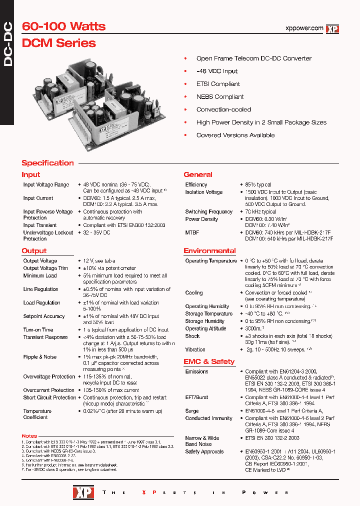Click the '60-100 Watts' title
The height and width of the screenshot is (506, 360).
[63, 26]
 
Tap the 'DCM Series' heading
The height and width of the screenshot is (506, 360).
[58, 43]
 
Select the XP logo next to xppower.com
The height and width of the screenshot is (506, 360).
[332, 29]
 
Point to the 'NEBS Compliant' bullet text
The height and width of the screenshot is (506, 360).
[220, 97]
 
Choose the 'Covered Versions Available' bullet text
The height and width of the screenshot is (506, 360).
[235, 135]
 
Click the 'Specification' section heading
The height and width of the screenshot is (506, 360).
[47, 163]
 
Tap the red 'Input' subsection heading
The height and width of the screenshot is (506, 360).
[30, 174]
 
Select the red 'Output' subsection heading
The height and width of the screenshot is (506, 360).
[34, 250]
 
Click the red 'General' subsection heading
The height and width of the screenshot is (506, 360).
[198, 174]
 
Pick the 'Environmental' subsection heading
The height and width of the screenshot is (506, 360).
[209, 250]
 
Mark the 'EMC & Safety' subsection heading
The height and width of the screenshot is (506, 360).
[209, 361]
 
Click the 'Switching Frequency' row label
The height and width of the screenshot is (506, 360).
[208, 212]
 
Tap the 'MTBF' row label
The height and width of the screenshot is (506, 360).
[192, 232]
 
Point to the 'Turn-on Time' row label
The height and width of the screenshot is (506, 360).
[38, 330]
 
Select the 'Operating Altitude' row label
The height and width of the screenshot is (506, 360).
[205, 329]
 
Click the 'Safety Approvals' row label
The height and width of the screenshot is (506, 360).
[204, 452]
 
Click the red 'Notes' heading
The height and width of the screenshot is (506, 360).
[29, 436]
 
